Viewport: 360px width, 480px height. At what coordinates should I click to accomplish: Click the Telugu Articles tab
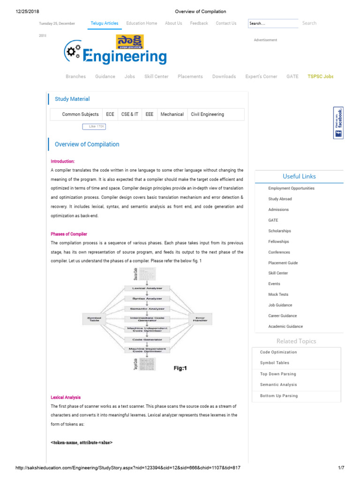coord(105,23)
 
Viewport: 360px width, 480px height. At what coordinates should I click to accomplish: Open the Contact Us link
coord(226,23)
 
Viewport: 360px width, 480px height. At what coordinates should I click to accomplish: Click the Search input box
coord(273,23)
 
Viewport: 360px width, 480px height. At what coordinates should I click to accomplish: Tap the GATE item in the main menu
coord(292,76)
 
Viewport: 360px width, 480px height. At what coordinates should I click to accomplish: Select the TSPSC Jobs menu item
coord(321,76)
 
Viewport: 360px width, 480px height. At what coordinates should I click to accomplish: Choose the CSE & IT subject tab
coord(130,114)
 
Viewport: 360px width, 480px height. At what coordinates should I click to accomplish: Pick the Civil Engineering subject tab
coord(207,114)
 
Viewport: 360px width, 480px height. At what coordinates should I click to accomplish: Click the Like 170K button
coord(94,127)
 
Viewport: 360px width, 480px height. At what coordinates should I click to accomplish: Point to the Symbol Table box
coord(95,319)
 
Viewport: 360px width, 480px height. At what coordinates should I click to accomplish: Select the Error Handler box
coord(200,319)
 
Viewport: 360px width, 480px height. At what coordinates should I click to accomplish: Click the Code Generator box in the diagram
coord(147,339)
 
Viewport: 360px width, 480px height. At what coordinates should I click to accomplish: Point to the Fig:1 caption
coord(180,368)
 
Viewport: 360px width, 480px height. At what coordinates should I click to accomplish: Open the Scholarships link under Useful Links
coord(279,231)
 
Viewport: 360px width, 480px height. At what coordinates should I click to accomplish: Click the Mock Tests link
coord(278,294)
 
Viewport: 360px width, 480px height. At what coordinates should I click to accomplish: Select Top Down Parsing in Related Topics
coord(278,374)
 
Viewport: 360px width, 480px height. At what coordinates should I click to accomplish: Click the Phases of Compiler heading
coord(69,234)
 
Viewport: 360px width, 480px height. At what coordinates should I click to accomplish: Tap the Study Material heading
coord(72,99)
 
